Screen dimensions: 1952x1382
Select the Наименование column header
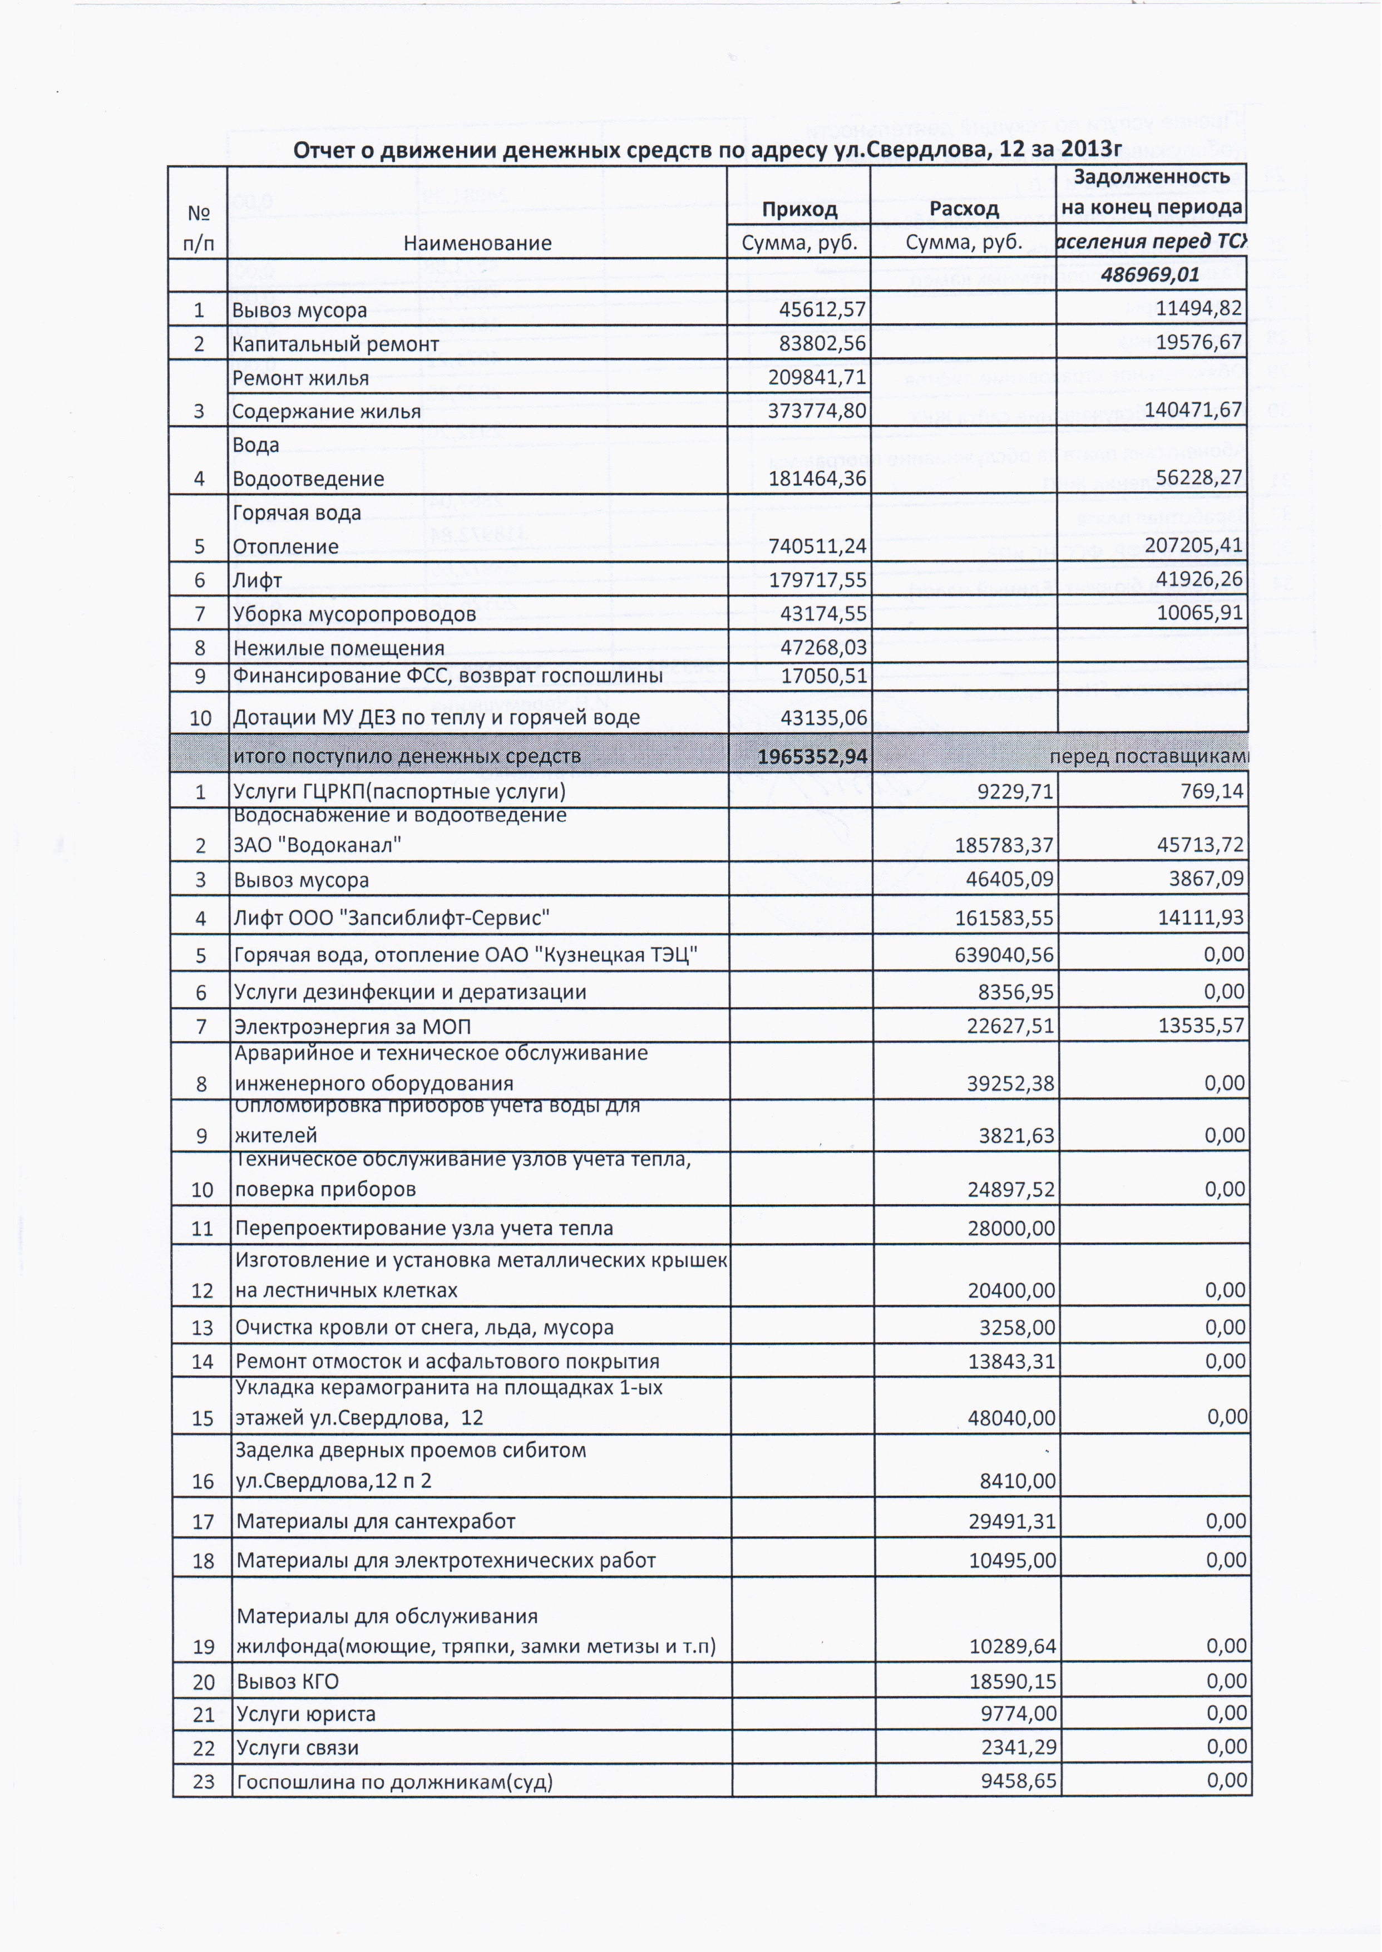(x=477, y=243)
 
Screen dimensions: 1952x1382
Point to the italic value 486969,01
(x=1149, y=275)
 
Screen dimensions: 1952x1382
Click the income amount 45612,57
(x=822, y=310)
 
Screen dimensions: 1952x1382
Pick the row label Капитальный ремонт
(x=335, y=344)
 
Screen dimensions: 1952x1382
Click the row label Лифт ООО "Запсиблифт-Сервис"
(x=392, y=917)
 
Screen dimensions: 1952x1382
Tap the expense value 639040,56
(x=1004, y=955)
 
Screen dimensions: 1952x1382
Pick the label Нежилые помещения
(x=339, y=648)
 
